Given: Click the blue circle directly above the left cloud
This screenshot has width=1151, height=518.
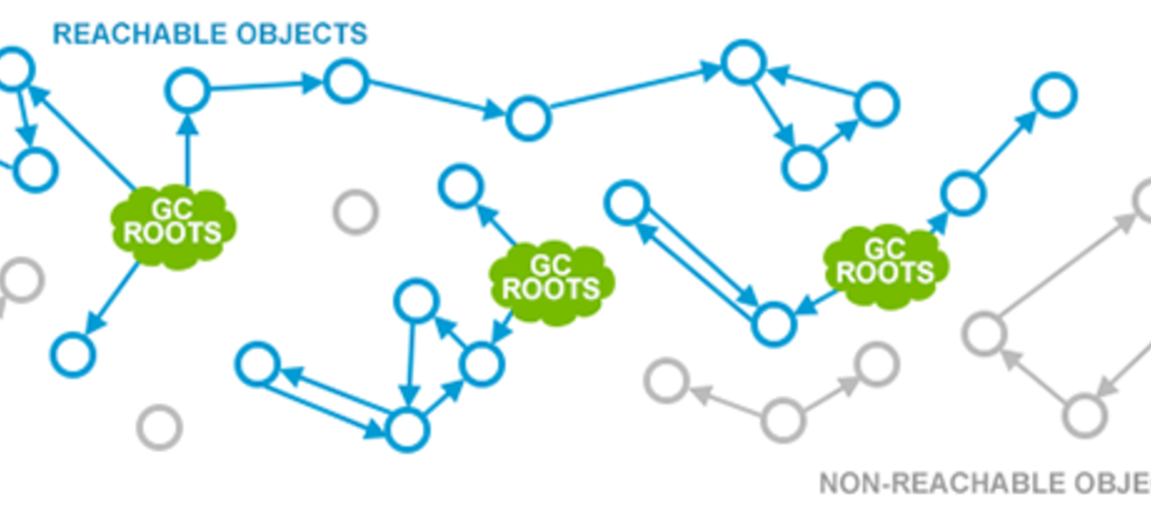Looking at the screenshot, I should tap(188, 91).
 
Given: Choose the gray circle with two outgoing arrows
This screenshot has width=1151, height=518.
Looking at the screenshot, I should tap(784, 419).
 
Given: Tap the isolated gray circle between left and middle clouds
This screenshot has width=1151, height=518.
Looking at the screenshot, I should tap(356, 212).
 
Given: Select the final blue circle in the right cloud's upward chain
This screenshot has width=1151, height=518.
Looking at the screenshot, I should tap(1054, 95).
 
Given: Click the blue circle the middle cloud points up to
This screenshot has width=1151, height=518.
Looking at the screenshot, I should tap(460, 187).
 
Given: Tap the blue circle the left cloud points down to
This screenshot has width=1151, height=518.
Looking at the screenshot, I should tap(73, 354).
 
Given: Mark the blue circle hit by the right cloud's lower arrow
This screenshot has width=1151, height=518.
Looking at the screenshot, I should tap(773, 324).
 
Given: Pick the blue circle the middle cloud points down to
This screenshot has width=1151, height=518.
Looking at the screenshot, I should tap(481, 364).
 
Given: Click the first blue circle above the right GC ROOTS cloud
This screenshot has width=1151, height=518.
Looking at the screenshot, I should tap(963, 194).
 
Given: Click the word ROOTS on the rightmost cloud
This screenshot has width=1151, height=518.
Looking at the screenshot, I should tap(885, 273).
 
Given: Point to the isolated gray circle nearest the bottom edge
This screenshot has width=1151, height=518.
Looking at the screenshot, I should tap(160, 427).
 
